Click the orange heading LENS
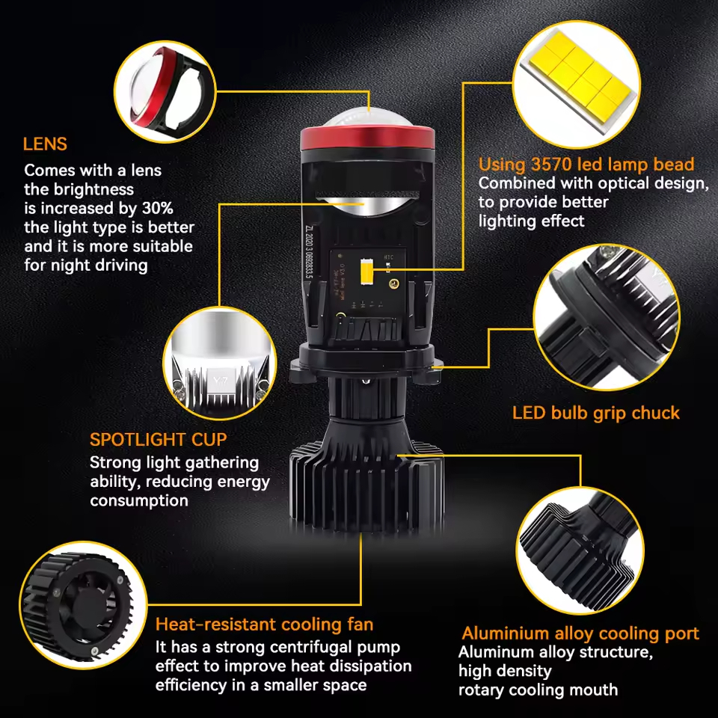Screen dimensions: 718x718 45,144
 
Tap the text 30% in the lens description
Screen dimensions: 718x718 158,209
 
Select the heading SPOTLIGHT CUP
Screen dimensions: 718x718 159,440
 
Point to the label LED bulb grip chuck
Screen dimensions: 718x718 596,413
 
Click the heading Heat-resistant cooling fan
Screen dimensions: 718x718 264,625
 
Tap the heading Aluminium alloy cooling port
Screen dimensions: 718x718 580,633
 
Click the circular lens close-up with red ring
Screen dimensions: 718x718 165,91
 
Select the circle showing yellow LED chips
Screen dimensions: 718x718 576,85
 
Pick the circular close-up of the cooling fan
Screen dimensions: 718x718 83,605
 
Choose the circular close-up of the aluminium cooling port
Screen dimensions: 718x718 580,551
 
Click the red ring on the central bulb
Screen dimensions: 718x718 367,139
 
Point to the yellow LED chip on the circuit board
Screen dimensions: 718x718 366,270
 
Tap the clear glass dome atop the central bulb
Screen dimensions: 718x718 368,118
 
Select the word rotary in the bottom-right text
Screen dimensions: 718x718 479,690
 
